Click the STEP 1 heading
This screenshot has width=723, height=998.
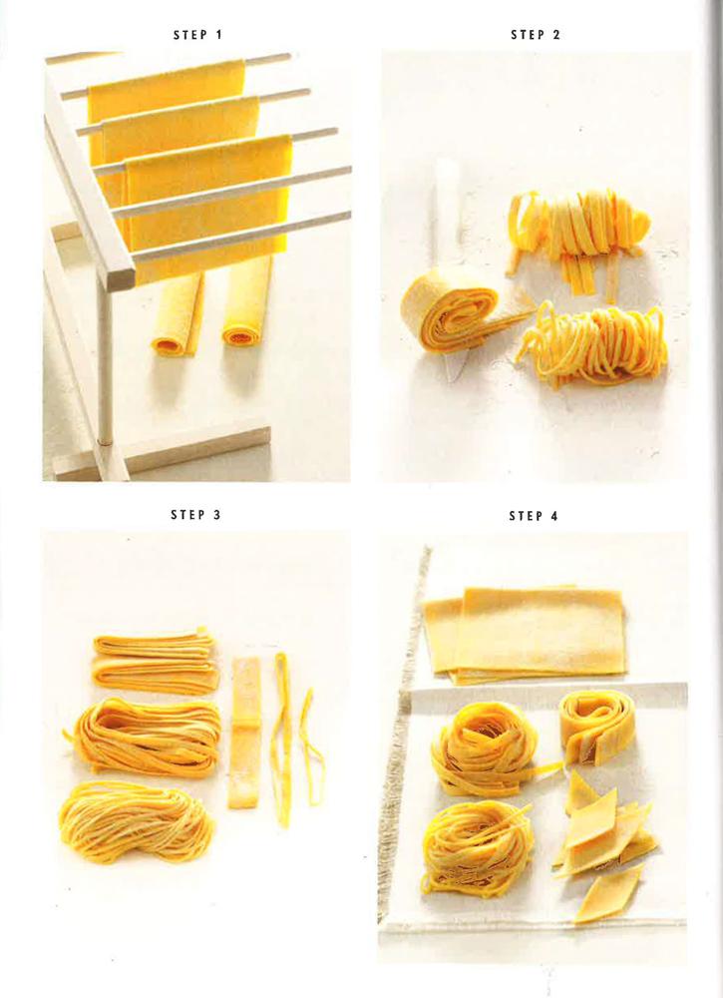pos(197,35)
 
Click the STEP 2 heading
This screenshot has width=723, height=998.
pos(536,35)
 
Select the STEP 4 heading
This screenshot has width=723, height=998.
pos(535,516)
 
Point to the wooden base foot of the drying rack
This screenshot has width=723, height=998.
pos(165,449)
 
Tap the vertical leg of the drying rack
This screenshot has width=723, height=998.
pos(104,359)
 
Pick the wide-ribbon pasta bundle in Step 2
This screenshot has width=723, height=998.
pos(578,226)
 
